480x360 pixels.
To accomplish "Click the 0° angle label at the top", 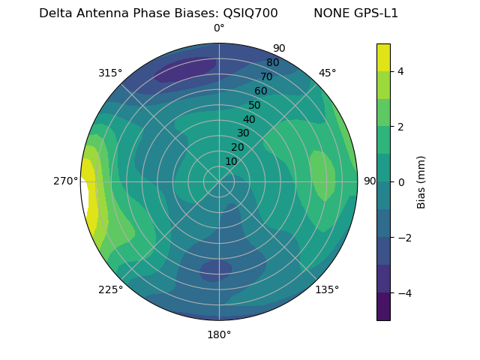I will tap(219, 28).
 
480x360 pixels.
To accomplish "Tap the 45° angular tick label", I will tap(327, 73).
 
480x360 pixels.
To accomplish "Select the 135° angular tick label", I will tap(327, 289).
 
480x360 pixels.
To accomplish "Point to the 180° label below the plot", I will tap(219, 334).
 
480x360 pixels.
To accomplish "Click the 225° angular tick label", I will tap(110, 289).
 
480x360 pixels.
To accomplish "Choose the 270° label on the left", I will tap(67, 181).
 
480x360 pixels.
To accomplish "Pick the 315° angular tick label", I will tap(110, 73).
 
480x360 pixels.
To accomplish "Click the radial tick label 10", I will tap(231, 161).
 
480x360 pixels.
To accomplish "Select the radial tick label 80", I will tap(273, 62).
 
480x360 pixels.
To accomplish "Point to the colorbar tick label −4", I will tap(402, 293).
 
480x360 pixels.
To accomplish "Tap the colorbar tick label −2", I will tap(402, 238).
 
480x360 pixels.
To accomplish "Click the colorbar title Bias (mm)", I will tap(421, 182).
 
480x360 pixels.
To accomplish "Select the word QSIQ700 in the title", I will tap(250, 13).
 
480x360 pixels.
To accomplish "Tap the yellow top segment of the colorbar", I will tap(383, 57).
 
